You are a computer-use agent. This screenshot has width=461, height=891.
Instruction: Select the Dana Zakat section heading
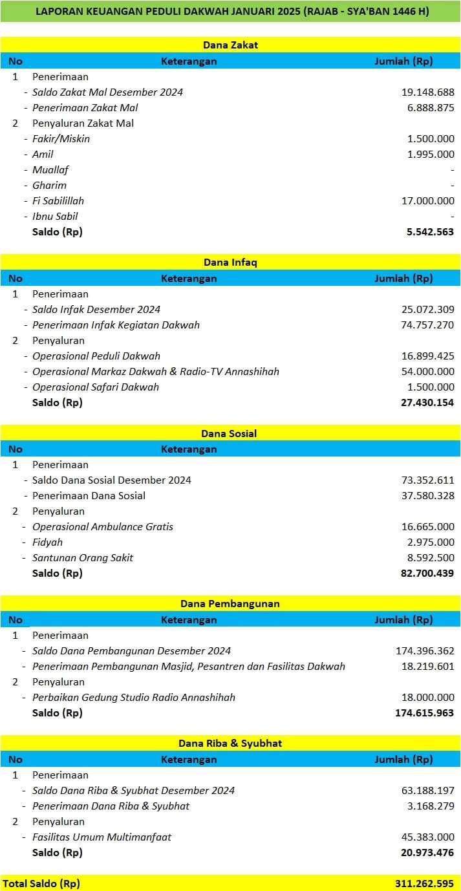(230, 45)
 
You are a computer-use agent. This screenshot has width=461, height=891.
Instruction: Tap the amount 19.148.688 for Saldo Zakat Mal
(427, 92)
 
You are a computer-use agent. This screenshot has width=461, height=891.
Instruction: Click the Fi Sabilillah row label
(58, 200)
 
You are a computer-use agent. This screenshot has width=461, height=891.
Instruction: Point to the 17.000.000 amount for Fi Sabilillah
(427, 200)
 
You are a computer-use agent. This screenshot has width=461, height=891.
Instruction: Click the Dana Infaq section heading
(230, 263)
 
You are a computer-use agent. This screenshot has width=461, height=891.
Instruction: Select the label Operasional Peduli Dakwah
(96, 356)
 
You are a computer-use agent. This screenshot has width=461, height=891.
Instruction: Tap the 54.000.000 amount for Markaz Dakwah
(427, 371)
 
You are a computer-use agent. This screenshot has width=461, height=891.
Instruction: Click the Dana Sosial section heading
(230, 433)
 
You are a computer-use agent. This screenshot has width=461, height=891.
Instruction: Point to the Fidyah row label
(47, 542)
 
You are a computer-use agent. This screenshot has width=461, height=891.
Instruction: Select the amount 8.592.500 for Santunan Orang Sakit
(429, 557)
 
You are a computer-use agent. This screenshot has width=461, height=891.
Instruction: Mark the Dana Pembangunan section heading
(230, 604)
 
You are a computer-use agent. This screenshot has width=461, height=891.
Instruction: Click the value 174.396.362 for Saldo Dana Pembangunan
(425, 650)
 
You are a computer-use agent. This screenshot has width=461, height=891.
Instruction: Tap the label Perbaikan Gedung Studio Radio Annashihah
(134, 697)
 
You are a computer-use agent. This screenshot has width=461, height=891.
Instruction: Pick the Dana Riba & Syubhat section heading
(230, 744)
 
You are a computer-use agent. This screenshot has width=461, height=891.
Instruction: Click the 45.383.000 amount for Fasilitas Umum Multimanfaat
(427, 837)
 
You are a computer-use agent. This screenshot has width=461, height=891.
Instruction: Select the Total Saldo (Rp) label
(41, 883)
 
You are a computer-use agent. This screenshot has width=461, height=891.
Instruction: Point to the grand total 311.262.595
(425, 883)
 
